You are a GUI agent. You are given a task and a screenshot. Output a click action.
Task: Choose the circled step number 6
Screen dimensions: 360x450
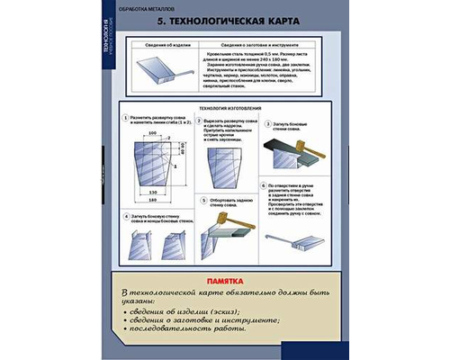[268, 184]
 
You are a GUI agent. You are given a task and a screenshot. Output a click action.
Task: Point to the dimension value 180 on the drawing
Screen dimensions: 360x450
[153, 197]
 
